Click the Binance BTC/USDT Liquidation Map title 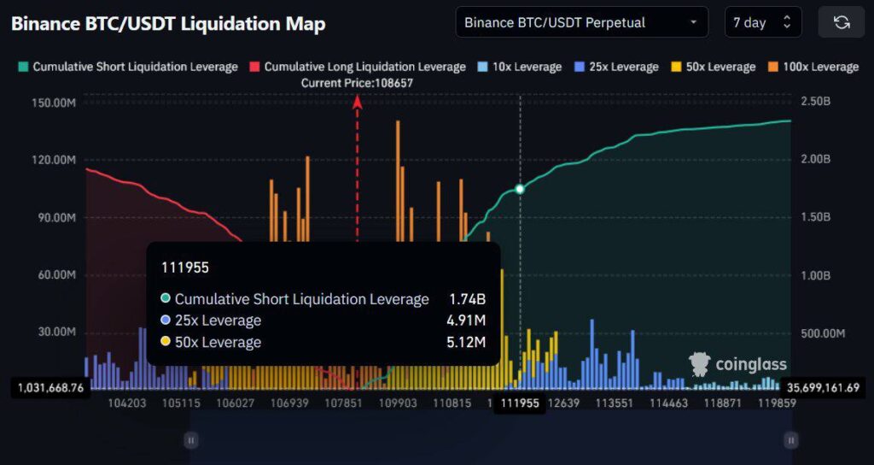[168, 23]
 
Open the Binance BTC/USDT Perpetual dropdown [581, 22]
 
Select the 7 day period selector [762, 22]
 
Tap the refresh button [841, 22]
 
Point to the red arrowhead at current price [358, 102]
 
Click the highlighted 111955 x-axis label [520, 403]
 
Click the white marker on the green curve [520, 189]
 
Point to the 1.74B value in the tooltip [467, 299]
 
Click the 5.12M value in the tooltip [467, 343]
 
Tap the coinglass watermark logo [737, 365]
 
